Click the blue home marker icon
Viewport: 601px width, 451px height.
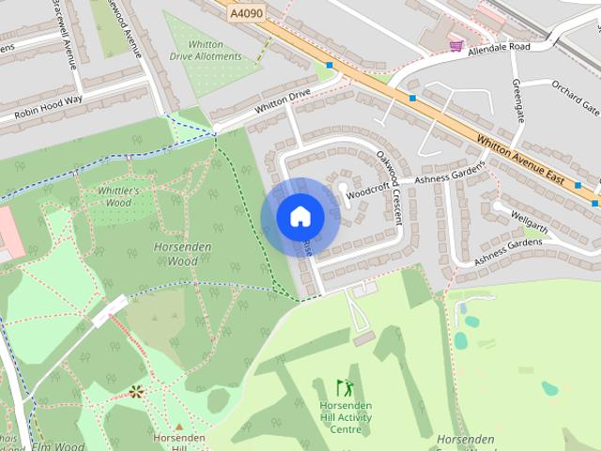tap(300, 217)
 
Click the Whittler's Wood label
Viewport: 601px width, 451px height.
tap(118, 196)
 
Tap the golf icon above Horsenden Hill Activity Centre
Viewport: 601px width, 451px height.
tap(345, 386)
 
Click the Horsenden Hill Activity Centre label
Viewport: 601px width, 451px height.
tap(346, 417)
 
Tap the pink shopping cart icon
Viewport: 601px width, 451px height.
tap(456, 45)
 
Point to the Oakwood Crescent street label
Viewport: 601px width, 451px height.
tap(388, 184)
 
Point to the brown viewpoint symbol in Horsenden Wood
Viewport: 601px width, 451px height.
tap(136, 390)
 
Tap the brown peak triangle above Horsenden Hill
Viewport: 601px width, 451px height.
tap(178, 427)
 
